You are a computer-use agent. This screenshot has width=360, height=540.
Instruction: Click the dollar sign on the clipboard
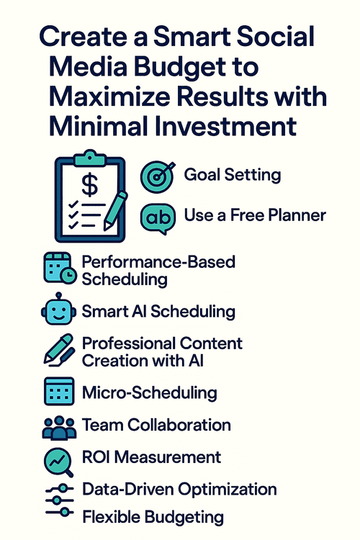pos(89,184)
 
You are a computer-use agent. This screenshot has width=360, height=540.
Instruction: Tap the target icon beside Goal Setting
pos(158,176)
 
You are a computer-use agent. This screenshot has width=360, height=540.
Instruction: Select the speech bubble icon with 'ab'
pos(158,215)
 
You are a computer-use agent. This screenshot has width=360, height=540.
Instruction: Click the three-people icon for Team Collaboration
pos(59,426)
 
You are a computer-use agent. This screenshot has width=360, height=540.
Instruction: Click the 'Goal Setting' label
pos(232,175)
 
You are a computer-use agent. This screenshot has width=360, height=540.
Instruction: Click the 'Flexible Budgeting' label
pos(153,516)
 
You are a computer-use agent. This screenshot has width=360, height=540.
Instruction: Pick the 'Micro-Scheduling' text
pos(150,392)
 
